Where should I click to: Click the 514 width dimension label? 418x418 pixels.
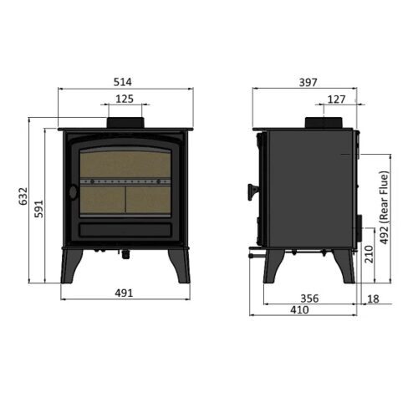125,81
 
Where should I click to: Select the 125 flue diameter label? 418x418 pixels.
125,99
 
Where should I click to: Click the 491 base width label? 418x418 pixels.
125,293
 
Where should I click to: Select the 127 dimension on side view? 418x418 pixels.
336,99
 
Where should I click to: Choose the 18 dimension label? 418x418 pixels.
373,298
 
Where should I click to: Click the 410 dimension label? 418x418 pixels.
299,309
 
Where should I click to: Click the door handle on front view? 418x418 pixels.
73,191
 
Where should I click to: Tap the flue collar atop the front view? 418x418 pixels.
125,123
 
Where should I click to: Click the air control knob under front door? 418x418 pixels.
125,252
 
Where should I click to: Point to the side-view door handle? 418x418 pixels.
249,192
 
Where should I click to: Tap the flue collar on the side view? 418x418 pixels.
327,123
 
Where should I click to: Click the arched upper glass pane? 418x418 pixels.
125,161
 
